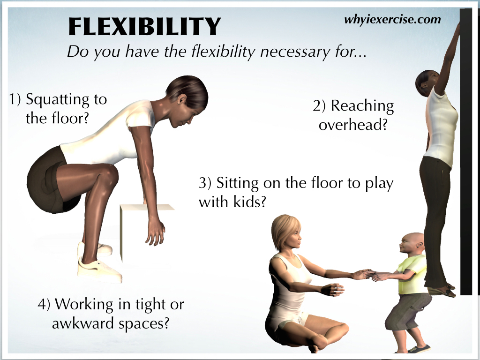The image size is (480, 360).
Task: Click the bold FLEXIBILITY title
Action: (x=144, y=27)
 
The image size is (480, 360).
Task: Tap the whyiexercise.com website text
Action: (x=392, y=20)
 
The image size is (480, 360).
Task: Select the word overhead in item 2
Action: (x=353, y=125)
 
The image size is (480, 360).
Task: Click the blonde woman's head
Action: (x=286, y=232)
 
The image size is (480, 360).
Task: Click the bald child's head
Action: (x=412, y=243)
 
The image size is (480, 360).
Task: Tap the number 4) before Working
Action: (x=44, y=305)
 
